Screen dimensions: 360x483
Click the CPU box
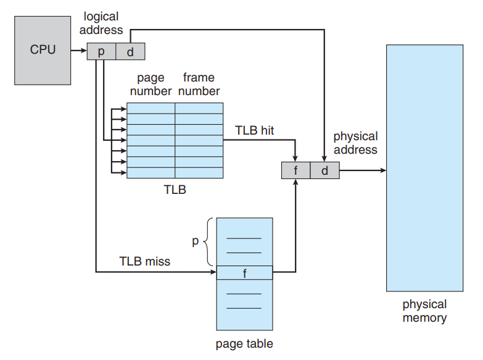pos(43,50)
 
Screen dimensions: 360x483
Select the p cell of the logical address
pos(101,52)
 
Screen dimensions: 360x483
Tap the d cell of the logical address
pos(130,52)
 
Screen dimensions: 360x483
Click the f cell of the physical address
pos(295,170)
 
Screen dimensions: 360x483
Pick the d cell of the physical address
pos(324,170)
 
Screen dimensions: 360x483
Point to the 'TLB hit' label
pos(255,130)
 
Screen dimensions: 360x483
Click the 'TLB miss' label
pos(144,261)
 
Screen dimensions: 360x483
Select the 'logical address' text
pos(101,23)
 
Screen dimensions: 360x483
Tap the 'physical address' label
pos(355,143)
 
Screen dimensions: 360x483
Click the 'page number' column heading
pos(151,85)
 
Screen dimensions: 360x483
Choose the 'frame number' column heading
pos(199,85)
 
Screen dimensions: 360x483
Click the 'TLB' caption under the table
pos(175,190)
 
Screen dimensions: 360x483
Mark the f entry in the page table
pos(244,272)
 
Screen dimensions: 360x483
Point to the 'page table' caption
pos(244,344)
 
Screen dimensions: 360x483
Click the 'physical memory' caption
pos(424,311)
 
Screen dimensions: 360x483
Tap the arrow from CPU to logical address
pos(79,52)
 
